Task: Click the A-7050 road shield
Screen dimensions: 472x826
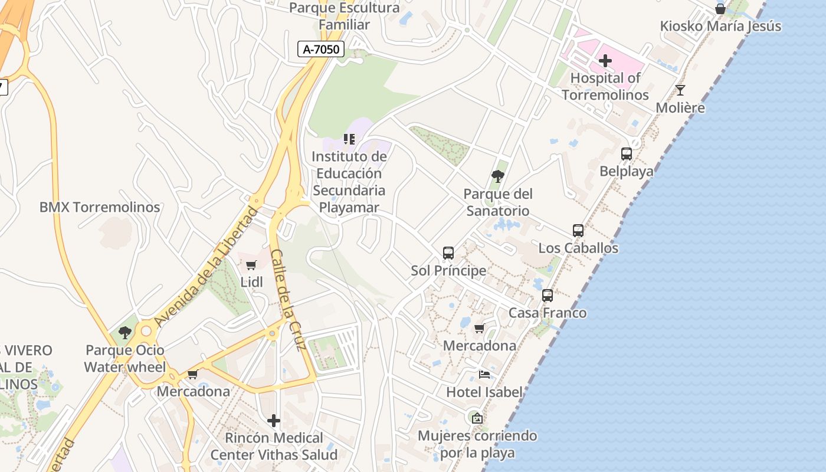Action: [x=321, y=49]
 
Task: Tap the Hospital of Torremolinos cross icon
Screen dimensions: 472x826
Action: [x=605, y=61]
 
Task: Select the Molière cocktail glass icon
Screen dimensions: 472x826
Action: [x=680, y=90]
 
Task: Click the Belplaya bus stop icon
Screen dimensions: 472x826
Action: [x=627, y=154]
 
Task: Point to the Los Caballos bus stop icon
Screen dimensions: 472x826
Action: [x=578, y=231]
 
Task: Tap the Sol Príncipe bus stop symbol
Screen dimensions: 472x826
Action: [x=448, y=253]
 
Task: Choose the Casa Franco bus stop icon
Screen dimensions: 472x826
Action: [x=548, y=296]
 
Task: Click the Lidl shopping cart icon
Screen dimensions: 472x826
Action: [x=251, y=265]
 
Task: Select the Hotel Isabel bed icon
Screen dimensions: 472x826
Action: [x=484, y=375]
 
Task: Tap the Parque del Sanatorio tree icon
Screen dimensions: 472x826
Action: [x=498, y=176]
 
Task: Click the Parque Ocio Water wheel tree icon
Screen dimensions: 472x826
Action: [x=124, y=333]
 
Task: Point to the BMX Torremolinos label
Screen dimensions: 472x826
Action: [x=100, y=208]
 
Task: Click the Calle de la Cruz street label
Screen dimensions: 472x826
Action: [x=288, y=299]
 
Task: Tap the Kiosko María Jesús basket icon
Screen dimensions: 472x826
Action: [x=720, y=9]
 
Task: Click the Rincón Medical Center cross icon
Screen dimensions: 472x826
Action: [x=274, y=421]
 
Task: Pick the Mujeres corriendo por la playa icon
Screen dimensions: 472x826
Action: [x=477, y=418]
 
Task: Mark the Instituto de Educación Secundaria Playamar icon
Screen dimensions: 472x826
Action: [x=349, y=139]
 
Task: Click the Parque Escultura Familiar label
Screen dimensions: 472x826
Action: [x=345, y=17]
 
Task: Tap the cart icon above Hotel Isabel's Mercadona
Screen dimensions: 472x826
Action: [x=479, y=329]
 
